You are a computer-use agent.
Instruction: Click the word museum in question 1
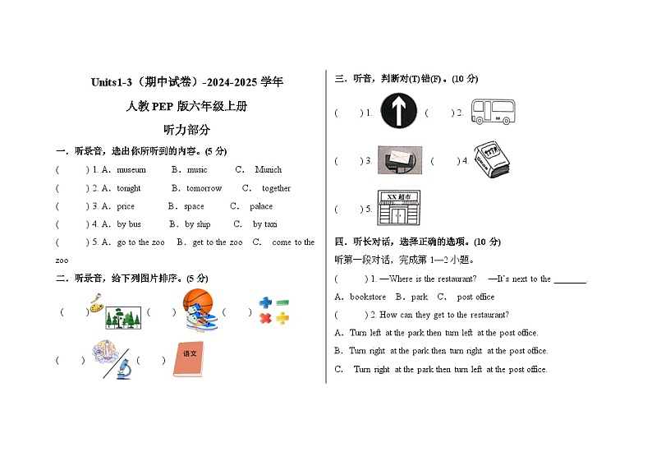coord(131,170)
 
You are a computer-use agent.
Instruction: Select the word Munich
coord(268,170)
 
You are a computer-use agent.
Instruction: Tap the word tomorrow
coord(204,188)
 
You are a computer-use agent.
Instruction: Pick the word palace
coord(261,206)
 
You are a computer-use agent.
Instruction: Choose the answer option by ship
coord(197,224)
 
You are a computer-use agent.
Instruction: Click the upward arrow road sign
coord(399,112)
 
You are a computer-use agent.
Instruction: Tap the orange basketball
coord(196,300)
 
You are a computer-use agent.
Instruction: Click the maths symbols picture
coord(274,311)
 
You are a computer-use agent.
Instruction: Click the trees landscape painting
coord(120,316)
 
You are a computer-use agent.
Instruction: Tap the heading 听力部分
coord(186,129)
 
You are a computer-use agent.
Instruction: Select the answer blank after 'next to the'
coord(571,279)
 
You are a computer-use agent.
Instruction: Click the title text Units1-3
coord(112,82)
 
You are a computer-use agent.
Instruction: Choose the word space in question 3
coord(194,206)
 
